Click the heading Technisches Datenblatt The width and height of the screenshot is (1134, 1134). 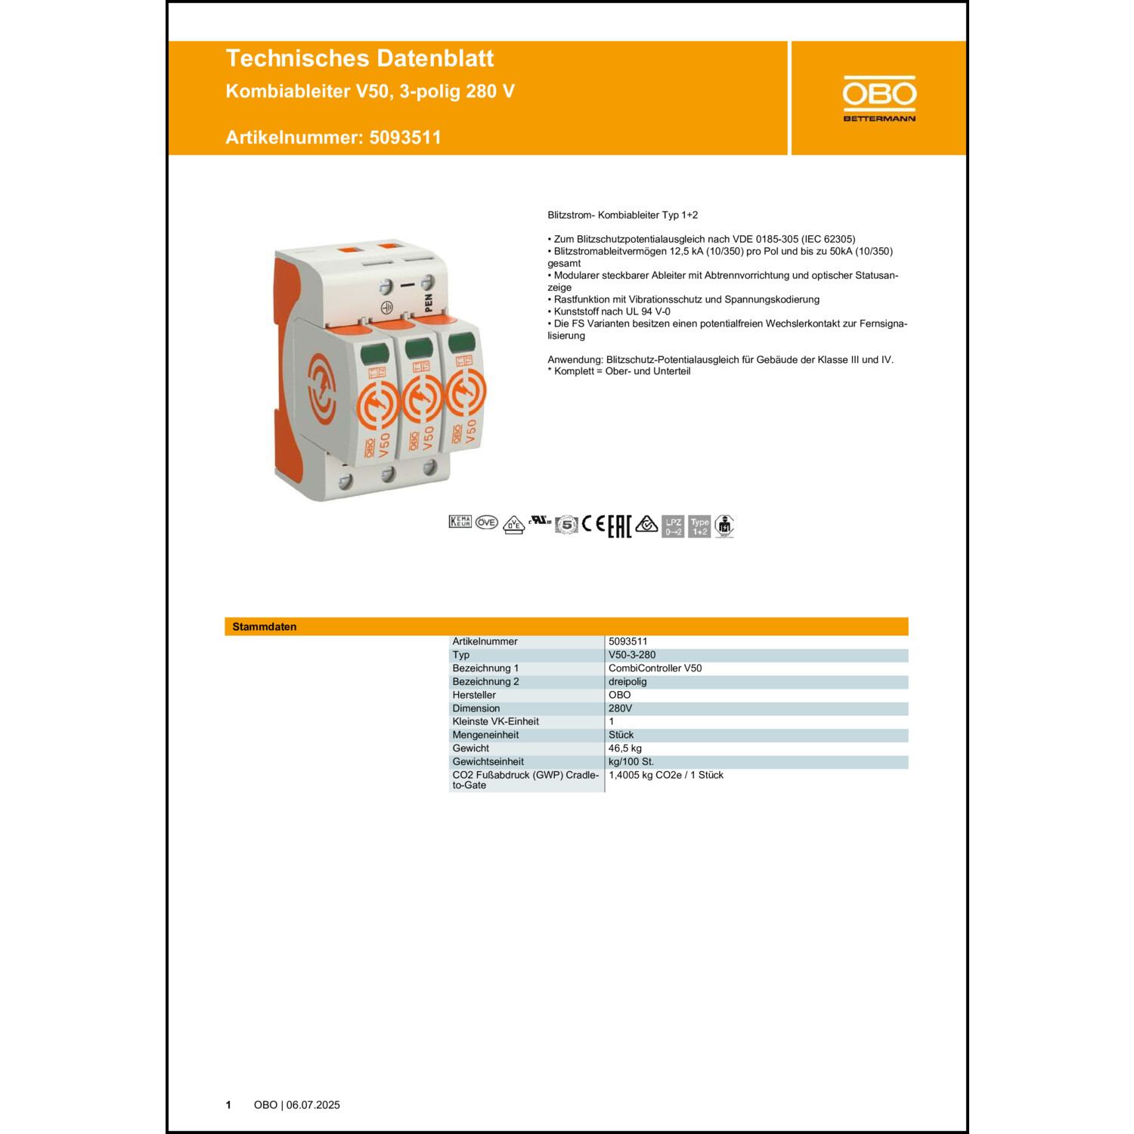(x=359, y=58)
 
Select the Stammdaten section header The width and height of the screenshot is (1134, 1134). (x=265, y=627)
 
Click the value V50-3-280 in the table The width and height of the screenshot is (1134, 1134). (x=632, y=655)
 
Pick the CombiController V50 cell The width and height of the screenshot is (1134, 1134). (x=655, y=668)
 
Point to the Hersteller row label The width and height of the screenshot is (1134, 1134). (x=474, y=695)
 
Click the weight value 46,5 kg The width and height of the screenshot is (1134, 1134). (x=624, y=748)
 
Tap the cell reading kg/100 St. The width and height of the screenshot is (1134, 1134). (x=631, y=761)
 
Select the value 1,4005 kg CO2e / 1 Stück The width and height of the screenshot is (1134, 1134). (x=665, y=775)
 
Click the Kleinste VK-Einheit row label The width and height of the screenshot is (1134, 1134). (x=495, y=721)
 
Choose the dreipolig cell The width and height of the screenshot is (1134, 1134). (x=627, y=681)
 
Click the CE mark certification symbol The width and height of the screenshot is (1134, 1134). (x=593, y=524)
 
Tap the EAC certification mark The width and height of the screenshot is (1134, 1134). (x=619, y=526)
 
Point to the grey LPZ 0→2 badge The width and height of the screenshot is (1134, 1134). (x=673, y=526)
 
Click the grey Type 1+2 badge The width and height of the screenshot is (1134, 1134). (x=699, y=526)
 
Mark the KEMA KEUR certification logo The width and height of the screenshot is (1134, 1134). (x=460, y=522)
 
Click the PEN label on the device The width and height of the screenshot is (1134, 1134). (x=429, y=302)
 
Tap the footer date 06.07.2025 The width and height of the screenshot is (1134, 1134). (x=313, y=1105)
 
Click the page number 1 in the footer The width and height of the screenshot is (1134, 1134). (x=228, y=1105)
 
